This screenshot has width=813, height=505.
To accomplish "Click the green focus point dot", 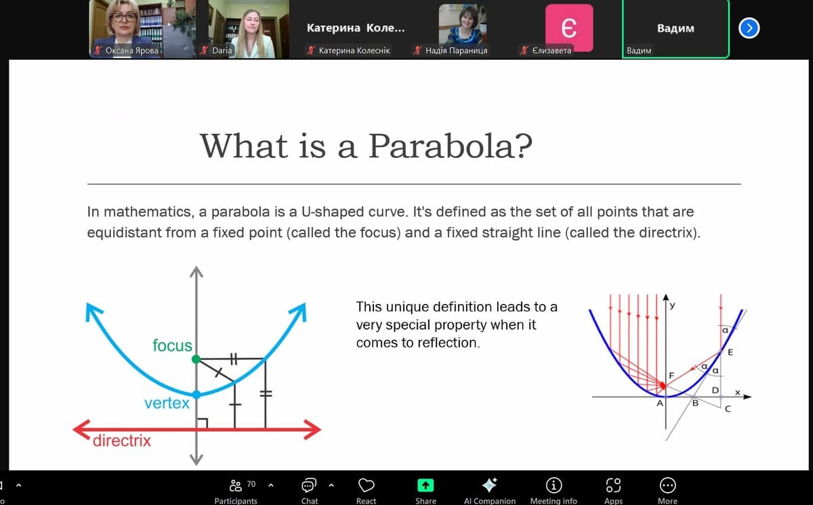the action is [x=196, y=359].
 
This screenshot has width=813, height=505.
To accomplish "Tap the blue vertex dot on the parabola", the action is [x=196, y=395].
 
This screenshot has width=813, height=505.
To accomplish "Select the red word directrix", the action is [x=121, y=441].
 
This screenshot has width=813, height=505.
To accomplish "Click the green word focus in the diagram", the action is [x=172, y=345].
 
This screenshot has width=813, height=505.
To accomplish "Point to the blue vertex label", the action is [x=167, y=403].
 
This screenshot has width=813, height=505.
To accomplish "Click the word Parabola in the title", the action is [x=450, y=146].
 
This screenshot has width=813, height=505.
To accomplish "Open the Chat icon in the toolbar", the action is [x=309, y=485].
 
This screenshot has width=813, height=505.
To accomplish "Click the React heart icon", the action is [x=367, y=485].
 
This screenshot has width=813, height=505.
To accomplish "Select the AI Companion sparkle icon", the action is [x=489, y=485].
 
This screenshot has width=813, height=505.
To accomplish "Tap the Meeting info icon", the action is [x=554, y=485].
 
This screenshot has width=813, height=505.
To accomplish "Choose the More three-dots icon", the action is [x=667, y=485].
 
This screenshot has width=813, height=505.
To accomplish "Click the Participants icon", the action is [x=236, y=485].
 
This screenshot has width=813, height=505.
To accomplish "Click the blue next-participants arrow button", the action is [x=749, y=28].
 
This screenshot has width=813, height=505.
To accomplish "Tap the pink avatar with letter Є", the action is [x=569, y=28].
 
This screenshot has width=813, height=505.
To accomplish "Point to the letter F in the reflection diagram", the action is [x=671, y=375].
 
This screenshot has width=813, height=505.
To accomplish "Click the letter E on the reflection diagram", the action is [x=730, y=352].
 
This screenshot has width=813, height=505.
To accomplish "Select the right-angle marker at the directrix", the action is [x=203, y=423].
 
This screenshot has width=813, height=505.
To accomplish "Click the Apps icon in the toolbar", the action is [x=613, y=485].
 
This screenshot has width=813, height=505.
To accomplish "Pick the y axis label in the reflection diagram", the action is [x=673, y=305].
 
